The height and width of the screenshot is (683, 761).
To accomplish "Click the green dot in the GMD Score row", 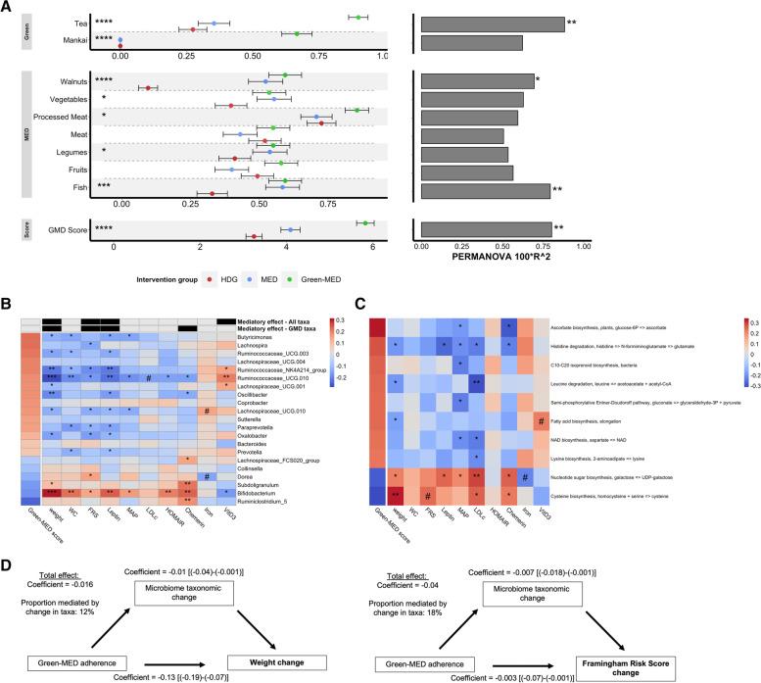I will [x=365, y=223].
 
